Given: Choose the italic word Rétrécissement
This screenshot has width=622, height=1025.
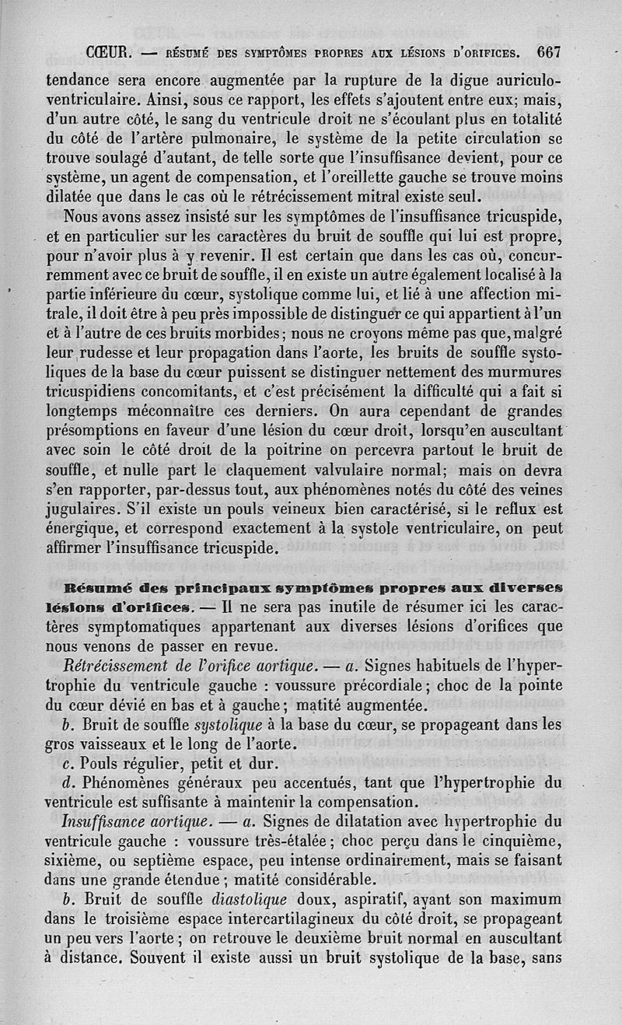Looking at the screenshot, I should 117,666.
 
